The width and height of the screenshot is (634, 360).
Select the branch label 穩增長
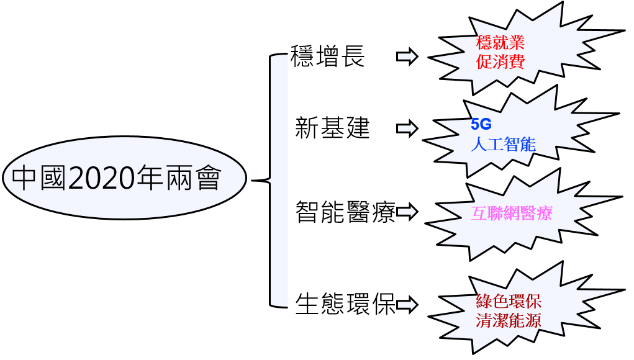(x=328, y=56)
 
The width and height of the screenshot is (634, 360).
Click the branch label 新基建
(x=332, y=128)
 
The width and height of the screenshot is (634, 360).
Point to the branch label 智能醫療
(x=345, y=212)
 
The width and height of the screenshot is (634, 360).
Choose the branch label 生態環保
(x=345, y=305)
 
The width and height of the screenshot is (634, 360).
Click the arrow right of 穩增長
(x=407, y=56)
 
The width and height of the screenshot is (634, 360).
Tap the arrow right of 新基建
(x=407, y=128)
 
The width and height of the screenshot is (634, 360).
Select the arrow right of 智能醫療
(x=407, y=212)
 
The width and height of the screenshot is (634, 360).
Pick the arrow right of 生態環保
(x=407, y=305)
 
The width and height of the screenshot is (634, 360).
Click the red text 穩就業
(x=500, y=43)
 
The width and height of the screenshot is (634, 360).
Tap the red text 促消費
(x=500, y=61)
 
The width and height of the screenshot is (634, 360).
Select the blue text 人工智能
(x=503, y=145)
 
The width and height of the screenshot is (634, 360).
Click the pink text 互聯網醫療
(x=512, y=214)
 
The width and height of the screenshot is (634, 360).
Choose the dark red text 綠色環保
(x=508, y=302)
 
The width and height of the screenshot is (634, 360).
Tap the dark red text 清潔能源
(x=508, y=321)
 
